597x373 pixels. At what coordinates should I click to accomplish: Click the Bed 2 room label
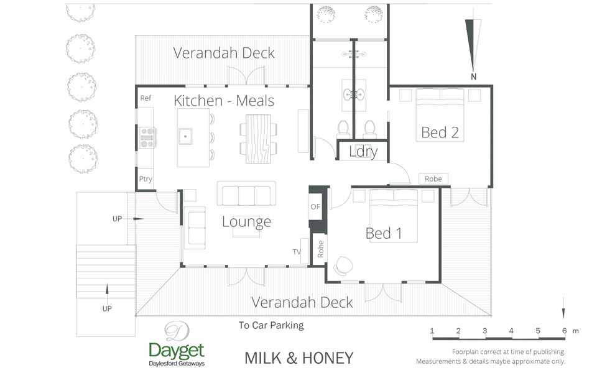click(x=440, y=132)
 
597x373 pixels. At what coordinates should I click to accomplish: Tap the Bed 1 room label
click(x=384, y=233)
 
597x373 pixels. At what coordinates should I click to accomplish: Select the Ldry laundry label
click(x=363, y=152)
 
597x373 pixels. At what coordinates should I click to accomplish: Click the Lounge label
click(x=246, y=221)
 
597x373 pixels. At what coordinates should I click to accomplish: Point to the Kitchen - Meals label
click(x=224, y=101)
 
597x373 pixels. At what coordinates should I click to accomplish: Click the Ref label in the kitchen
click(x=146, y=98)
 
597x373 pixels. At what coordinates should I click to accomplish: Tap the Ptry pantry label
click(x=146, y=179)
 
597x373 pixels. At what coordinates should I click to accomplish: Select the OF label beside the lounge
click(x=315, y=206)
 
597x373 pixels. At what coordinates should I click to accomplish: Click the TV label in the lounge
click(x=297, y=252)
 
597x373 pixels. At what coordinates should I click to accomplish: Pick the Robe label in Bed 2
click(x=433, y=179)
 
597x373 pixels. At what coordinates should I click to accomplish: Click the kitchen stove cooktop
click(x=147, y=137)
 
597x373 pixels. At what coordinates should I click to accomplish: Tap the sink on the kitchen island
click(x=185, y=136)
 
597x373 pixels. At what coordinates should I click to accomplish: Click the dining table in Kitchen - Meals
click(x=258, y=139)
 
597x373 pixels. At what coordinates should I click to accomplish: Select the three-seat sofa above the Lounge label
click(x=246, y=194)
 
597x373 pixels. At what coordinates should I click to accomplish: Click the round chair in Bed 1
click(x=343, y=265)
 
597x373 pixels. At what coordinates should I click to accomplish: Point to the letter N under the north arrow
click(x=473, y=76)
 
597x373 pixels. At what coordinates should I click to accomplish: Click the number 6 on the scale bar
click(x=564, y=331)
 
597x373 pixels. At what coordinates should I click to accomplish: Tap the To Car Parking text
click(x=271, y=325)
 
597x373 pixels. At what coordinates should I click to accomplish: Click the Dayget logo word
click(x=177, y=351)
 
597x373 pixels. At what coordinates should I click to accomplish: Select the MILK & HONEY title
click(x=299, y=358)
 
